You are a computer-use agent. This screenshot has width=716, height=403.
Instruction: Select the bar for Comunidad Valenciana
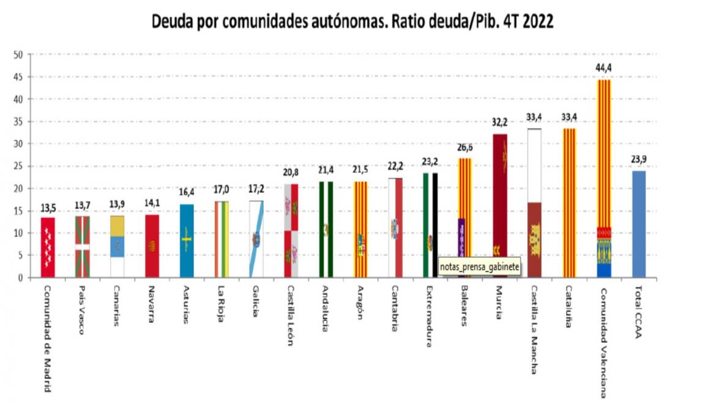[603, 178]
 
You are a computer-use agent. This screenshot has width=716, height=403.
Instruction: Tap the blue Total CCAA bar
[638, 224]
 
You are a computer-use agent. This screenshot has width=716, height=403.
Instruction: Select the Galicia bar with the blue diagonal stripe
[256, 239]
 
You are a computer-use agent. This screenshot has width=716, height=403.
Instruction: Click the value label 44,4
[604, 67]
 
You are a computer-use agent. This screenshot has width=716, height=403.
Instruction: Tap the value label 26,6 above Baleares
[465, 148]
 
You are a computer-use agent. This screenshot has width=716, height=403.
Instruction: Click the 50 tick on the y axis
[18, 55]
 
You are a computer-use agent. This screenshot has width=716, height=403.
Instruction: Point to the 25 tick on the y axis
[18, 166]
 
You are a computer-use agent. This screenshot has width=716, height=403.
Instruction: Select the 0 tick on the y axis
[21, 277]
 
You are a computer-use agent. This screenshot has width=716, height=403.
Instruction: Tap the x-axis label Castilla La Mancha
[534, 330]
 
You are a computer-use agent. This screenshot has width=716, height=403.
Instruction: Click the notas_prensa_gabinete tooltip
[479, 266]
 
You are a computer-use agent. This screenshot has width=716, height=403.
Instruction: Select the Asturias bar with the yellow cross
[187, 241]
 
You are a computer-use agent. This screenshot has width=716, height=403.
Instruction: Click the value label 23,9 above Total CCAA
[639, 160]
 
